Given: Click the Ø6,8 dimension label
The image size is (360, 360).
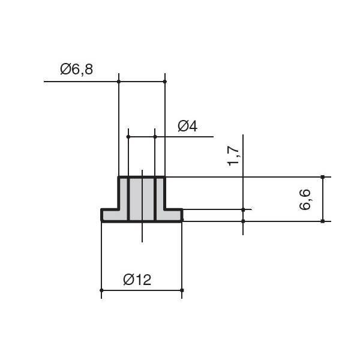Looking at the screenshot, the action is pos(76,70).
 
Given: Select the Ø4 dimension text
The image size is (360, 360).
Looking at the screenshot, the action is pos(187,126).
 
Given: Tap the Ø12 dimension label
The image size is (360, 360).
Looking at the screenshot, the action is pos(137,280).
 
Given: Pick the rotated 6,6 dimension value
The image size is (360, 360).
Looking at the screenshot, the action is pos(305,200).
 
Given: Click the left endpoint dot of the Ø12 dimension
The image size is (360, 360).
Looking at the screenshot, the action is pos(101,290).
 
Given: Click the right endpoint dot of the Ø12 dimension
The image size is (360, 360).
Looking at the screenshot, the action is pos(182,290).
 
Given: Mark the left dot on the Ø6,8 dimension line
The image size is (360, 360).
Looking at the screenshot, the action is pos(119,82).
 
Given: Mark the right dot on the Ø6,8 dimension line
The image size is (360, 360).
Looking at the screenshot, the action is pos(165,82).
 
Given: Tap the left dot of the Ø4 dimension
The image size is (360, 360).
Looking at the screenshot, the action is pos(128,137).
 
